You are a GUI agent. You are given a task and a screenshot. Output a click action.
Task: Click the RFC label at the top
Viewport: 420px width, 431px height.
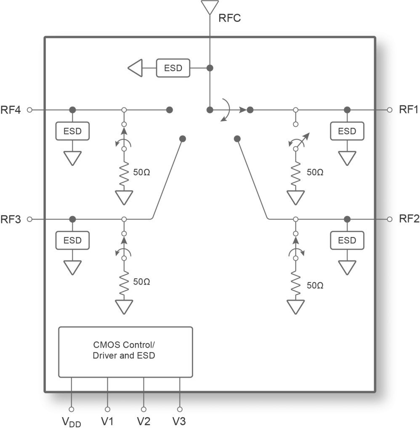click(x=229, y=18)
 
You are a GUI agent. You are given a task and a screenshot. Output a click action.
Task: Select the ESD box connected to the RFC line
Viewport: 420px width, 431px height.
click(x=173, y=68)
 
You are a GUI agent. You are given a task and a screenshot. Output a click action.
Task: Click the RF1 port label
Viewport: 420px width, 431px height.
click(x=409, y=110)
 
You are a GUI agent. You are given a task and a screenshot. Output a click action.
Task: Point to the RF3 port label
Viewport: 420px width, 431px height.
click(x=11, y=219)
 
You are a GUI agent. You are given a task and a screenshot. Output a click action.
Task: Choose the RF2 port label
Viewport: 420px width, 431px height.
click(x=409, y=219)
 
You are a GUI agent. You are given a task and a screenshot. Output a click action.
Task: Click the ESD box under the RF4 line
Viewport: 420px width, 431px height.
click(x=72, y=131)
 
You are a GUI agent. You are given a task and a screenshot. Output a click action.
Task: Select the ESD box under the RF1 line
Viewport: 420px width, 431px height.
click(x=347, y=131)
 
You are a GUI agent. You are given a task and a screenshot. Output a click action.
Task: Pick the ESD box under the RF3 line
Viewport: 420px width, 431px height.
click(x=72, y=241)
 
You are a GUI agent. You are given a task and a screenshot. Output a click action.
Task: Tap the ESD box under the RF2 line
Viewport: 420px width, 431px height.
click(x=347, y=241)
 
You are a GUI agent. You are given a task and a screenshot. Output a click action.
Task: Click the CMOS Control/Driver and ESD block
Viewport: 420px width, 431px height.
click(x=125, y=351)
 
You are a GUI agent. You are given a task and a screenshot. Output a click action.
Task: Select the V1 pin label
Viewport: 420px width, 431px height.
click(x=107, y=420)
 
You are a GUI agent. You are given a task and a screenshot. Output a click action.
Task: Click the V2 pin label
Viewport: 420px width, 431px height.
click(x=144, y=420)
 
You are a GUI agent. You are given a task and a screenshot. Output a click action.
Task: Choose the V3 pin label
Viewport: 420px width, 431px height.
click(x=180, y=420)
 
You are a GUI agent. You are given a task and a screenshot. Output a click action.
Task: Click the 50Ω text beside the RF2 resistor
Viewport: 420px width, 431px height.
click(x=315, y=285)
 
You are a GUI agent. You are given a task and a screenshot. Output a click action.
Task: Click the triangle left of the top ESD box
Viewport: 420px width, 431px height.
click(x=135, y=68)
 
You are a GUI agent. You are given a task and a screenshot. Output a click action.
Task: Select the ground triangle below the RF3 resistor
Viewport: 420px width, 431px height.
click(x=124, y=306)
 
